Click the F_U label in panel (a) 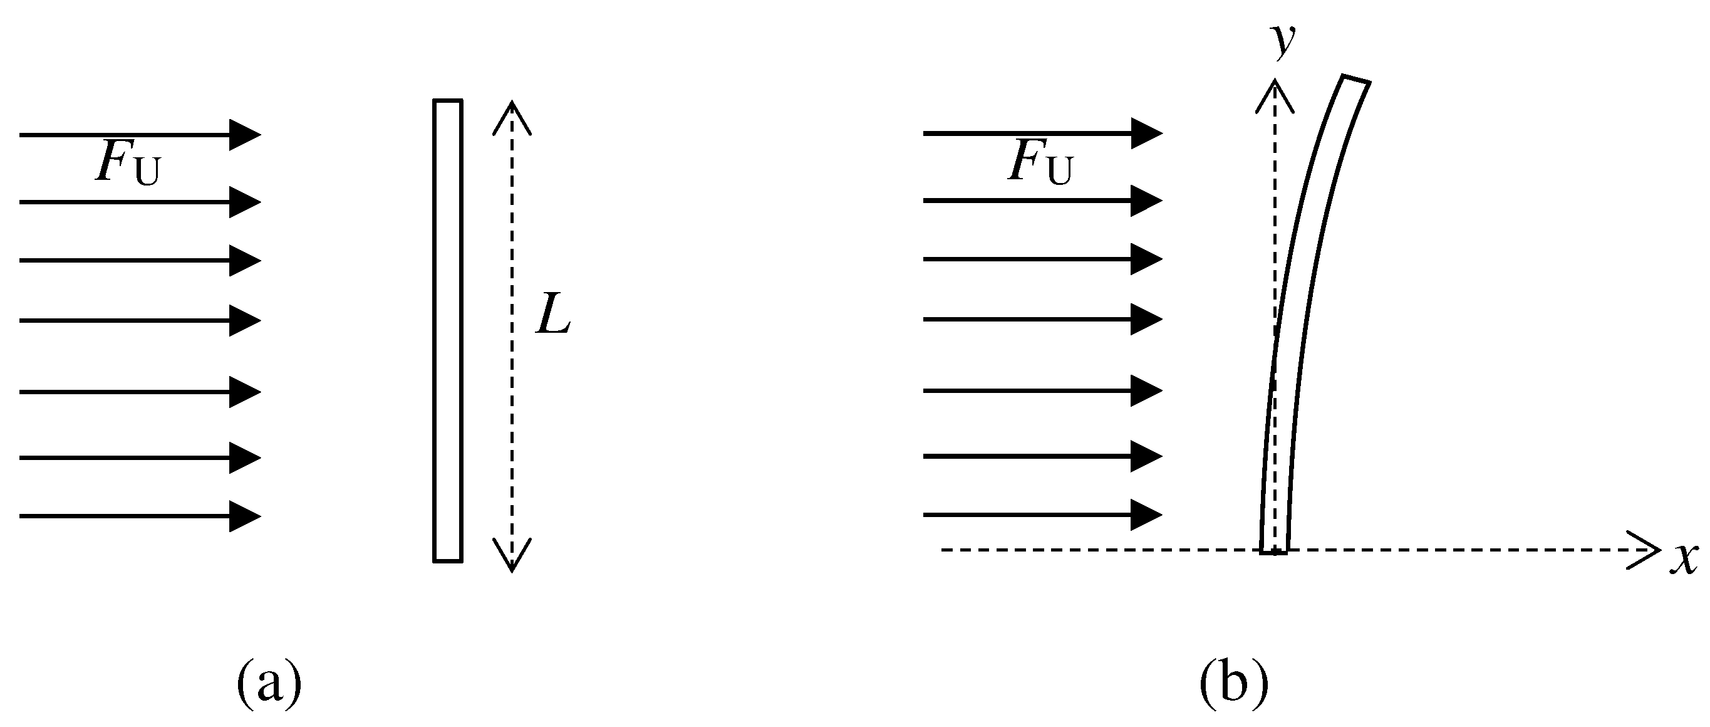(x=127, y=164)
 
